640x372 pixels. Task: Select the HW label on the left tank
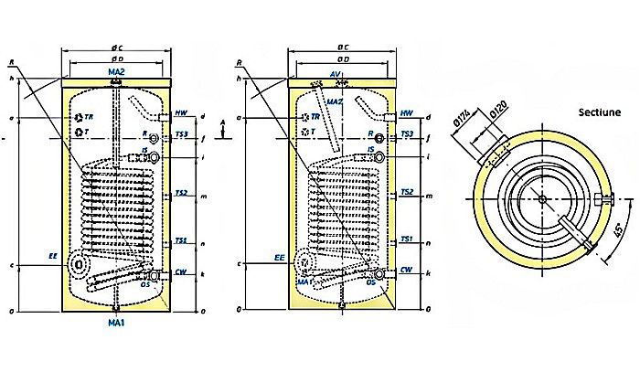(x=181, y=112)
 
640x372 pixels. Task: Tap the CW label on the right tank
(x=405, y=271)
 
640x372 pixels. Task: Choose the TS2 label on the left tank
(x=181, y=193)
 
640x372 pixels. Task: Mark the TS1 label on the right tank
(x=405, y=239)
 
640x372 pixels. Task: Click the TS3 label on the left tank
(x=181, y=133)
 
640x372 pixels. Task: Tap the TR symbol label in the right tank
(x=315, y=117)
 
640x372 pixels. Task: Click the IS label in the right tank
(x=371, y=149)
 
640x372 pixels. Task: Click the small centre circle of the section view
(x=542, y=200)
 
